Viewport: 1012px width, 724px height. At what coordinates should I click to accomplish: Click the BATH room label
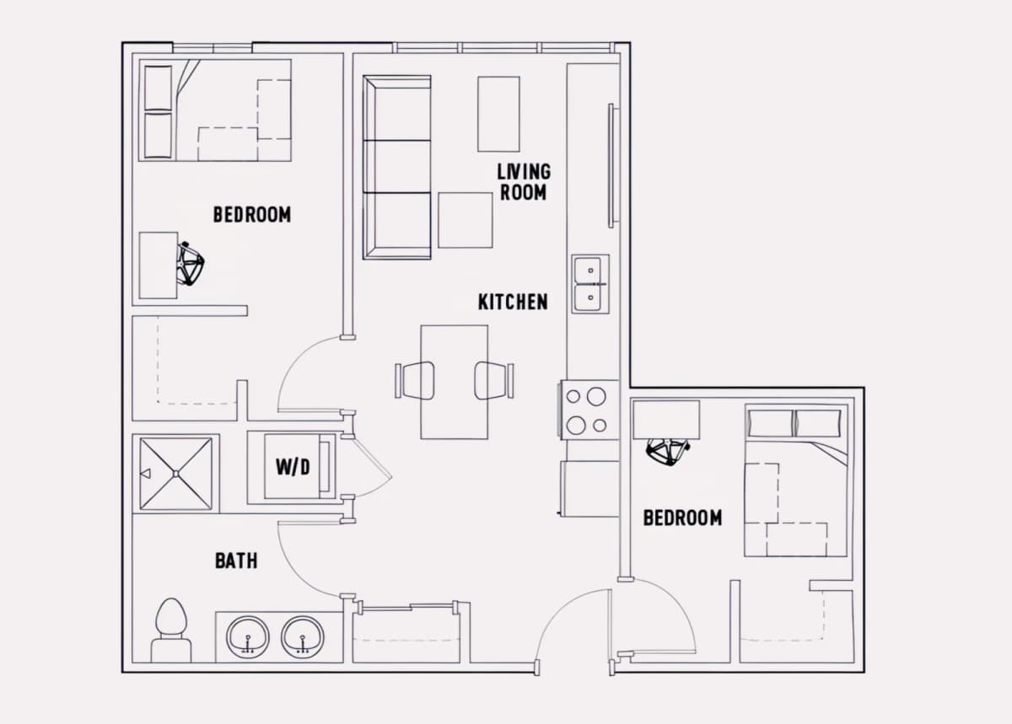[x=236, y=561]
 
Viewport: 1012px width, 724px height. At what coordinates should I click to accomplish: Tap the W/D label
[x=293, y=468]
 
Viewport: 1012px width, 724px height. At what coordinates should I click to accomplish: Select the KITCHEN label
[x=513, y=302]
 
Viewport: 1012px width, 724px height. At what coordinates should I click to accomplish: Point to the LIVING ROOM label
[x=524, y=182]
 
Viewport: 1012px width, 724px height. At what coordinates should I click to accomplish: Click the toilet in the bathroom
[x=170, y=630]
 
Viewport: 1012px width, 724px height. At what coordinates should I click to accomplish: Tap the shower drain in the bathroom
[x=175, y=474]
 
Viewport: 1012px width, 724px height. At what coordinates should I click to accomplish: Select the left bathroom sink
[x=248, y=637]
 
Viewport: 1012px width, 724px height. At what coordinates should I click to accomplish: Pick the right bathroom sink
[x=303, y=637]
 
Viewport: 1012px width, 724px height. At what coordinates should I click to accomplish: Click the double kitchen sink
[x=590, y=284]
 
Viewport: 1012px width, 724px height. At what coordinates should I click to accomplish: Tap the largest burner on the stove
[x=596, y=396]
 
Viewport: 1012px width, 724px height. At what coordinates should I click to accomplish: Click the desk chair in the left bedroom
[x=191, y=264]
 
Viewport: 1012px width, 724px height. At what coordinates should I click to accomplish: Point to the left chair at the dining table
[x=415, y=380]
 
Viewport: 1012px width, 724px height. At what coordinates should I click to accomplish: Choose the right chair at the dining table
[x=494, y=380]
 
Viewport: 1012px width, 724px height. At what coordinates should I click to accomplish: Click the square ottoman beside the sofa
[x=466, y=221]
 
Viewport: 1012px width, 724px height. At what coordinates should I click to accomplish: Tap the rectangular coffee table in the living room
[x=498, y=114]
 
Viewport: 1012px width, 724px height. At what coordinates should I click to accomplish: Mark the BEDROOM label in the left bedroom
[x=252, y=215]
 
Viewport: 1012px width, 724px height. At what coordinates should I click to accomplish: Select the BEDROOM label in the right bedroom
[x=682, y=518]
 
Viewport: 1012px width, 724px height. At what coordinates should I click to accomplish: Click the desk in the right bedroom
[x=666, y=420]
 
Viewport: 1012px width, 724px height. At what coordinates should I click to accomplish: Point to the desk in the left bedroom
[x=159, y=265]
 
